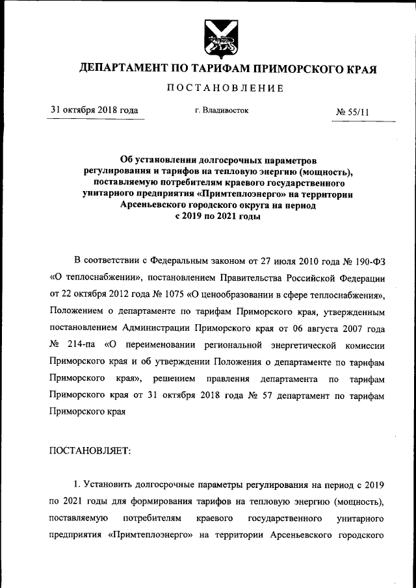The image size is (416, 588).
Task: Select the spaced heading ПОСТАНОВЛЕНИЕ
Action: pyautogui.click(x=226, y=88)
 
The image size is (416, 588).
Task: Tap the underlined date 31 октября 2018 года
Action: pyautogui.click(x=94, y=110)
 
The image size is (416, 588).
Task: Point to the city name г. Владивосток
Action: pyautogui.click(x=222, y=111)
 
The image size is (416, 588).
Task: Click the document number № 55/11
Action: pyautogui.click(x=352, y=112)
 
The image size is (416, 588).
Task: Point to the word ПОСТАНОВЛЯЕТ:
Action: pyautogui.click(x=90, y=450)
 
